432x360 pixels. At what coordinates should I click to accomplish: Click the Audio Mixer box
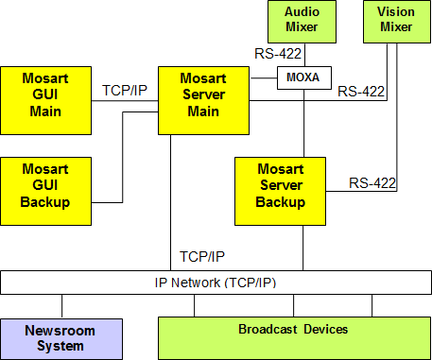pyautogui.click(x=302, y=22)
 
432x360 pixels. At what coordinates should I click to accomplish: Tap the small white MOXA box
pyautogui.click(x=302, y=78)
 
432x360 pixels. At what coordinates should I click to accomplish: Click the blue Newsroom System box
pyautogui.click(x=61, y=338)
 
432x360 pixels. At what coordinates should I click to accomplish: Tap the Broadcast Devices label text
pyautogui.click(x=292, y=329)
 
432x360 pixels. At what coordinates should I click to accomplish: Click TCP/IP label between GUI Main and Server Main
pyautogui.click(x=123, y=91)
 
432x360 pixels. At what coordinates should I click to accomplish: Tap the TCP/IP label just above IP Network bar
pyautogui.click(x=201, y=256)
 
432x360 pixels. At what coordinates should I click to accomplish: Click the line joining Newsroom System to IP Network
pyautogui.click(x=62, y=305)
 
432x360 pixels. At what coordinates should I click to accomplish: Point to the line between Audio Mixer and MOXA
pyautogui.click(x=302, y=55)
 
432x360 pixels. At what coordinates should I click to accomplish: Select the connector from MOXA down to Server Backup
pyautogui.click(x=302, y=123)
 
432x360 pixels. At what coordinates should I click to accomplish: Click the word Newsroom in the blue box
pyautogui.click(x=61, y=331)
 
